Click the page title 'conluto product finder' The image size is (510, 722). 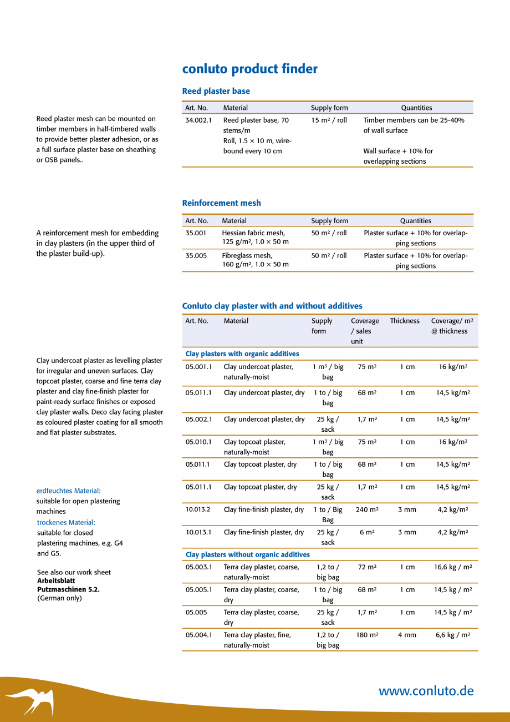[250, 69]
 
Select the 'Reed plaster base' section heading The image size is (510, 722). [216, 91]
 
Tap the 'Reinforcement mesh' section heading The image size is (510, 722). [221, 203]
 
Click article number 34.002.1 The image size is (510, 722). [198, 120]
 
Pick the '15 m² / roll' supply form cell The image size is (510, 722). [329, 120]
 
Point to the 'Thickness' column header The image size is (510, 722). [405, 321]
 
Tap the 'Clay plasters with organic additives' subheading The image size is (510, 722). [242, 354]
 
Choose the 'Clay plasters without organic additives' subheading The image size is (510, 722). [248, 554]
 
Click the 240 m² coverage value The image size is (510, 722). [367, 509]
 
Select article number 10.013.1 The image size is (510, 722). [198, 532]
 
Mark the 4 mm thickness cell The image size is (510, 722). [407, 635]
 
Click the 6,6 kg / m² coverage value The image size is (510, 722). [453, 635]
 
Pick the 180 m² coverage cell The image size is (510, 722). [367, 635]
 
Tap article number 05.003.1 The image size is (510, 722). [198, 567]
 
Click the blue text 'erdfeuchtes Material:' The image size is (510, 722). [68, 491]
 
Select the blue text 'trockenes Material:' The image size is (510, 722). [66, 522]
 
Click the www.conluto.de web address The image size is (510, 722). [426, 691]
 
